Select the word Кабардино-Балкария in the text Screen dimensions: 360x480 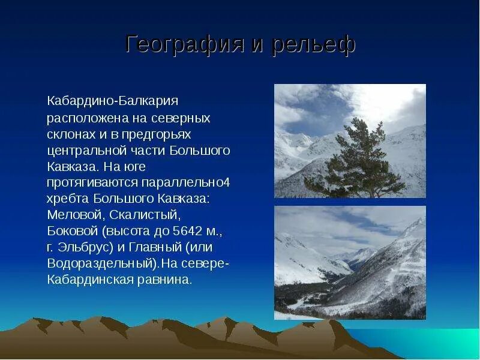(x=113, y=100)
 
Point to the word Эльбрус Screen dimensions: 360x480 (x=86, y=247)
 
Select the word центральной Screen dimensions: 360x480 (x=84, y=149)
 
